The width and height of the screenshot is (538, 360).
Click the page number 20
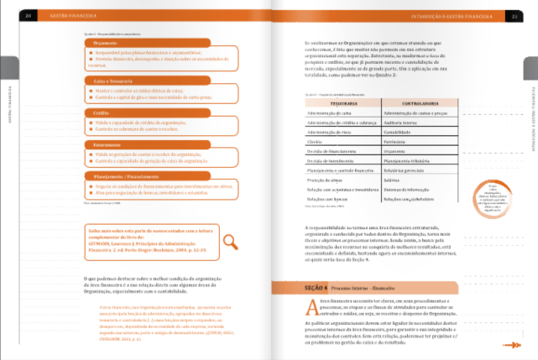pos(29,14)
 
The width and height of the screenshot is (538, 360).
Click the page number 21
pos(513,14)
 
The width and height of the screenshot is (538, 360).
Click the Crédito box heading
pos(102,112)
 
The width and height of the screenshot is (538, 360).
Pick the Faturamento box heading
pos(107,144)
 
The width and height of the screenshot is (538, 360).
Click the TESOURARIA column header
pos(344,103)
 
